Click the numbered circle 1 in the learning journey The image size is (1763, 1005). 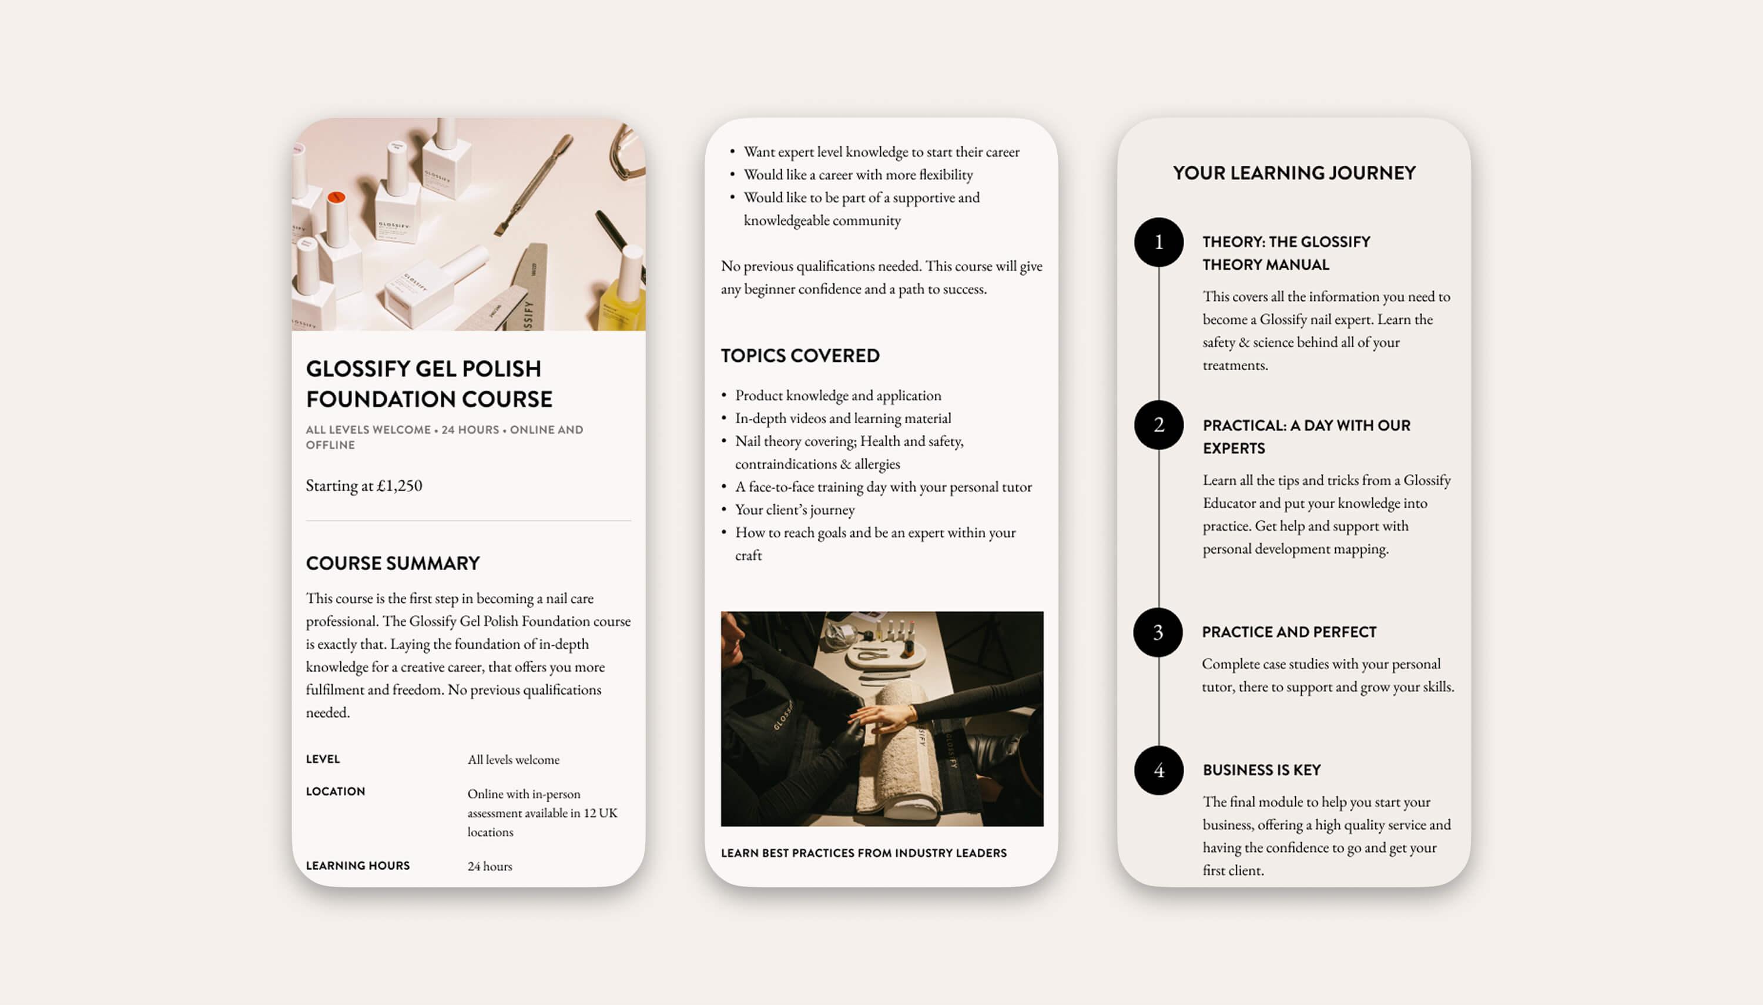click(1158, 242)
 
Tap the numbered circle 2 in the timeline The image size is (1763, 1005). click(1158, 425)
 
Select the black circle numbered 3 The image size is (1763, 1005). click(1158, 632)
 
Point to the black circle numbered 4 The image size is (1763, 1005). click(1158, 771)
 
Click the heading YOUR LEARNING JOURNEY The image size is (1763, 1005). click(1294, 173)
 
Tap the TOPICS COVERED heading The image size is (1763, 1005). click(800, 356)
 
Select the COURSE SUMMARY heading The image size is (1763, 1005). click(393, 563)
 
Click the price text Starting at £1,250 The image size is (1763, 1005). click(364, 485)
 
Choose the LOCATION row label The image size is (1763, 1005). click(336, 791)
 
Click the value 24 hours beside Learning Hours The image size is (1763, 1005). click(489, 866)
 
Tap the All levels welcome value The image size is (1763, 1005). click(514, 759)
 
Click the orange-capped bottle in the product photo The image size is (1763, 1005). click(336, 221)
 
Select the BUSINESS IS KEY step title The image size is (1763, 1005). click(1261, 770)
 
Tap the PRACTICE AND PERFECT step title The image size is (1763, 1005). click(1288, 632)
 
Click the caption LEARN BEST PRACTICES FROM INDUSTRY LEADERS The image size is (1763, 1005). click(863, 853)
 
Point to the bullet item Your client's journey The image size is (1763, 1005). click(794, 510)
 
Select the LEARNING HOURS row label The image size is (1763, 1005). click(357, 866)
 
